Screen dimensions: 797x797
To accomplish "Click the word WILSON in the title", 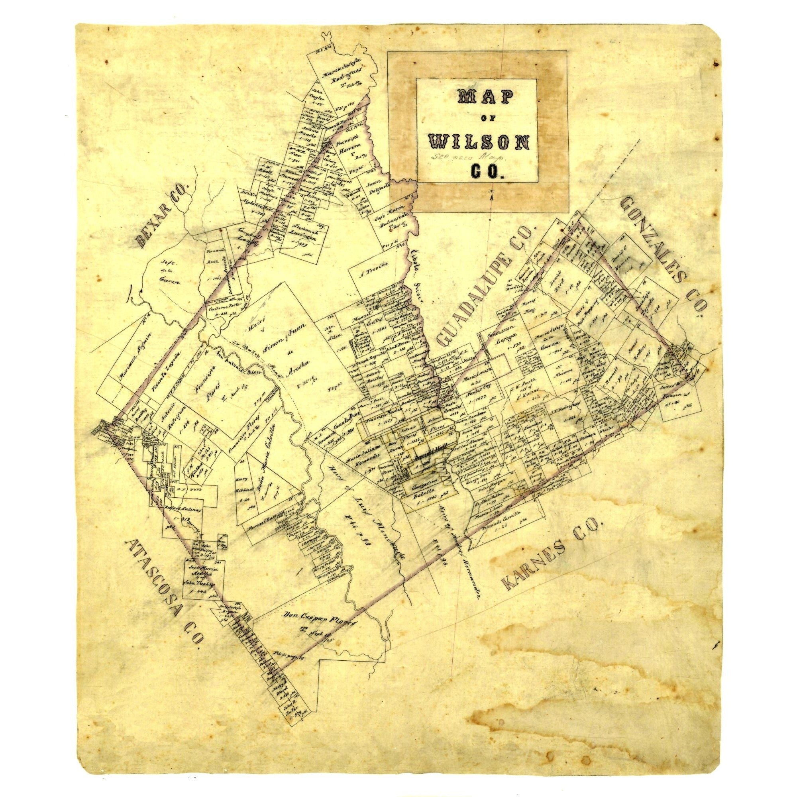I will pos(479,143).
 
